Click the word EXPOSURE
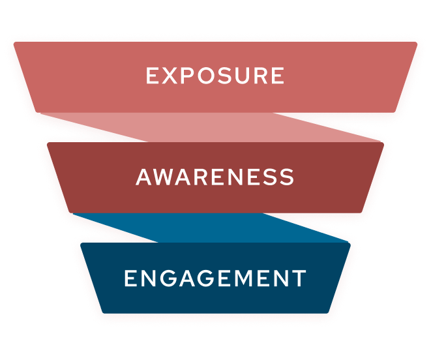click(215, 76)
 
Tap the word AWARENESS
click(215, 177)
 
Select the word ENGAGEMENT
click(215, 279)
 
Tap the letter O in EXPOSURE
click(209, 76)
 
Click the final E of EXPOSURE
click(278, 76)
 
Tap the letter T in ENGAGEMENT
click(299, 279)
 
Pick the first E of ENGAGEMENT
click(130, 279)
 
